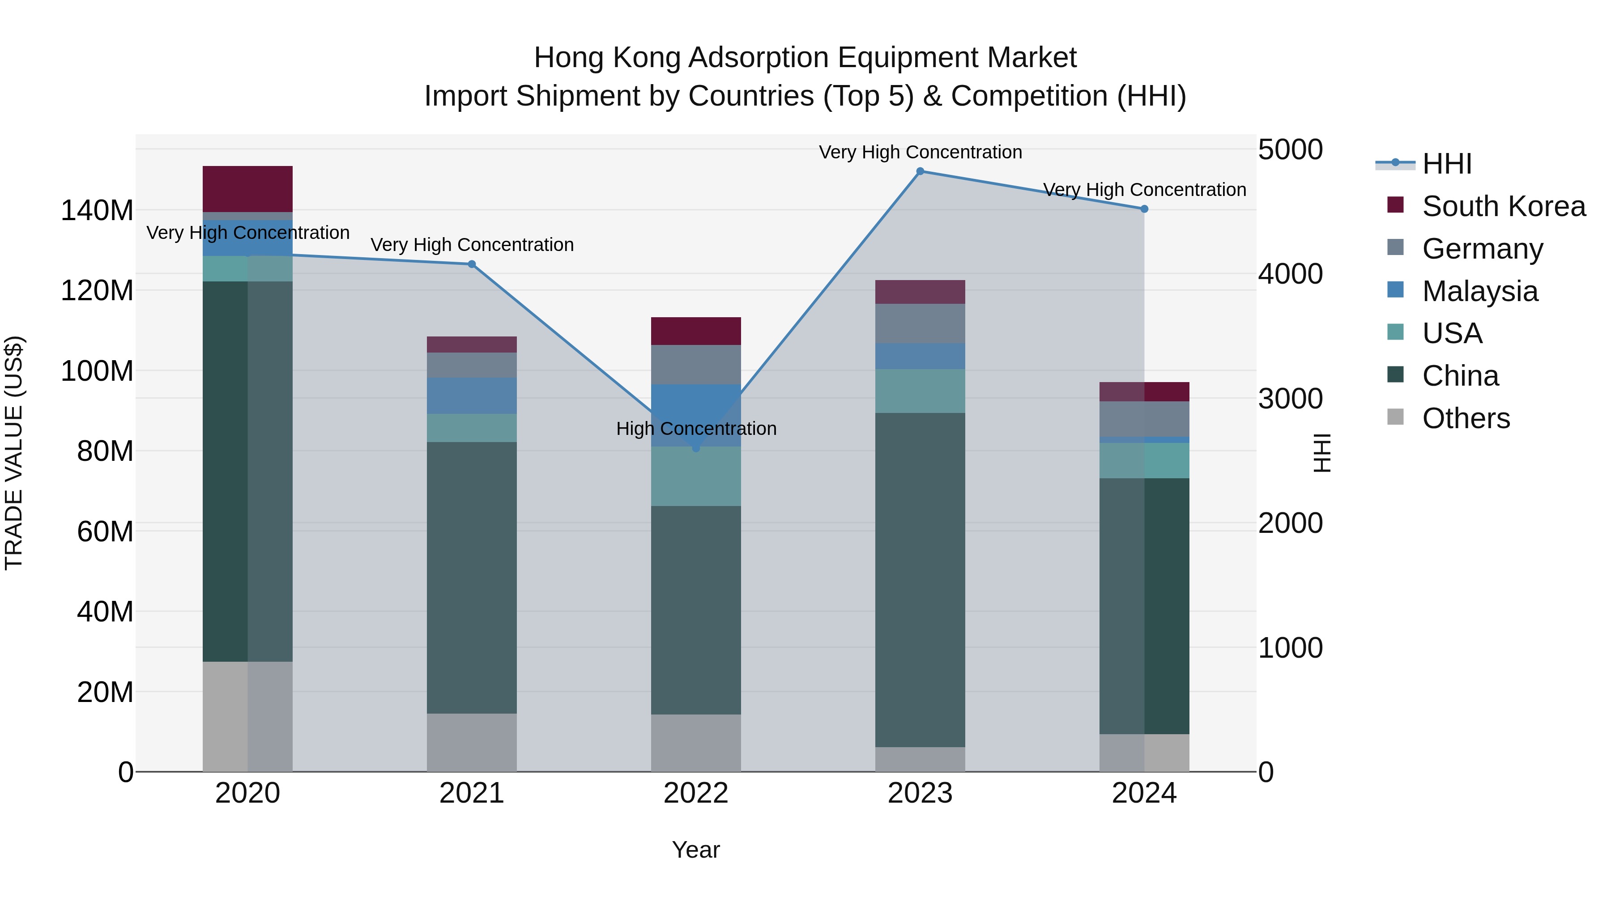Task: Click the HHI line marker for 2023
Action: pos(920,171)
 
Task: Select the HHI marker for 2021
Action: pos(472,264)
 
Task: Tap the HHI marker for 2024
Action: pos(1144,209)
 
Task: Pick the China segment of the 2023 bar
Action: pos(920,579)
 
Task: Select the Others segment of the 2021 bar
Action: pos(472,742)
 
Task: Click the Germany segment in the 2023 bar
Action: pos(920,323)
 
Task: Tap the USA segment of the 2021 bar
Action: pos(472,428)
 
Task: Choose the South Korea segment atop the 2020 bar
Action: pos(247,189)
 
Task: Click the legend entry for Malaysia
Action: pos(1480,291)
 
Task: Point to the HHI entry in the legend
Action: pos(1446,164)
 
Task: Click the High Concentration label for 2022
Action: pos(696,429)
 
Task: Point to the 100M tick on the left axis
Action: pos(97,371)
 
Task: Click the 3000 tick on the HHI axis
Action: pos(1290,399)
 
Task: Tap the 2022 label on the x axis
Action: pos(696,793)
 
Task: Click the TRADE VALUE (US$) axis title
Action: pos(14,453)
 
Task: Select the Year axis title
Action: pos(695,850)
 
